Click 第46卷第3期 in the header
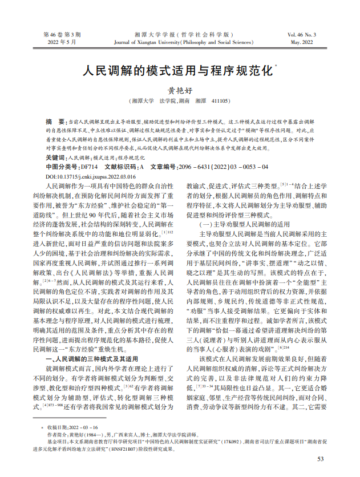[x=62, y=34]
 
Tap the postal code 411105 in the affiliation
[x=220, y=101]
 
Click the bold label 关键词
[x=55, y=156]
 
